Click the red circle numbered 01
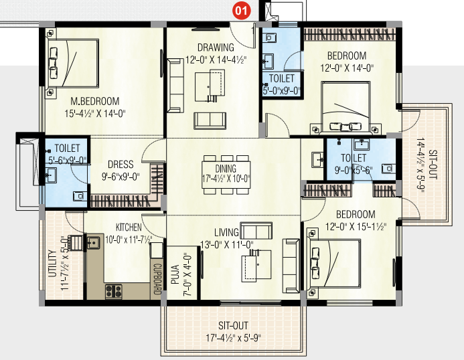coord(241,11)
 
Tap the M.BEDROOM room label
coord(95,102)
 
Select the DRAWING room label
coord(216,48)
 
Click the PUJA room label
coord(175,274)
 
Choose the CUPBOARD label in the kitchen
coord(157,279)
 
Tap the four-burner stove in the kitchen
coord(114,291)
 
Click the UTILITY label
coord(52,264)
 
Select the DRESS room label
coord(121,165)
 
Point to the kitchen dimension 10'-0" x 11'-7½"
coord(129,240)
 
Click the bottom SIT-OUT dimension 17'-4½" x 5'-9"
coord(233,338)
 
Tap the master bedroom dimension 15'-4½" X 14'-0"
coord(95,113)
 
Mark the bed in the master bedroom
coord(73,63)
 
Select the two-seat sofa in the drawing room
coord(210,120)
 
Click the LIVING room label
coord(226,232)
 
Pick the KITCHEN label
coord(129,228)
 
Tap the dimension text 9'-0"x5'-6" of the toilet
coord(354,171)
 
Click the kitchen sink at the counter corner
coord(93,242)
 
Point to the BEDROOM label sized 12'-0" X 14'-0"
coord(347,56)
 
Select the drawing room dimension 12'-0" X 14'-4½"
coord(216,60)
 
